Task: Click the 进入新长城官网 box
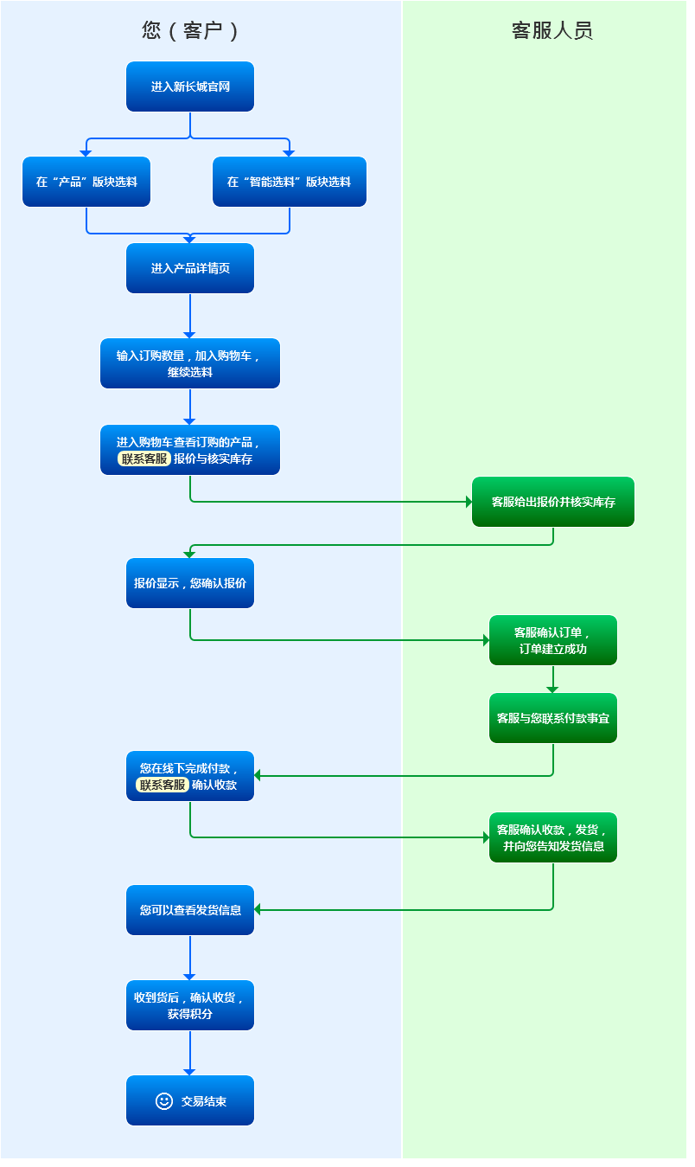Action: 190,87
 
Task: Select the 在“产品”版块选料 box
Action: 86,182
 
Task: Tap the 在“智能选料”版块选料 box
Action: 289,182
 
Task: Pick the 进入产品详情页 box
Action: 190,268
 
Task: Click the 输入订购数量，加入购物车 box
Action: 190,363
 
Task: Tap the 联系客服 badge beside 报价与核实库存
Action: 144,458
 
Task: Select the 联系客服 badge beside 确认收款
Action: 163,785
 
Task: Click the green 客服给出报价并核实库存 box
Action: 553,502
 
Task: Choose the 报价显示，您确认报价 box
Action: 190,583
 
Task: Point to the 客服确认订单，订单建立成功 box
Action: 553,640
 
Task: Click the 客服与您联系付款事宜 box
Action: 553,718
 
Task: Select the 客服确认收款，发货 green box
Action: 553,837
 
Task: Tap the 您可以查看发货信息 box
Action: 190,910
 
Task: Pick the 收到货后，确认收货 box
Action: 190,1005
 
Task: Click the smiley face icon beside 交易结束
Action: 164,1100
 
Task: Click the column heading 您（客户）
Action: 190,31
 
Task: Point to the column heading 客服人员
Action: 552,31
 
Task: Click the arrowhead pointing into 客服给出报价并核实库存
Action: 469,502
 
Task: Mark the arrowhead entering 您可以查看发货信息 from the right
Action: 258,910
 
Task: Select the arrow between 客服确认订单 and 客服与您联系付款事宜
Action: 553,679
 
